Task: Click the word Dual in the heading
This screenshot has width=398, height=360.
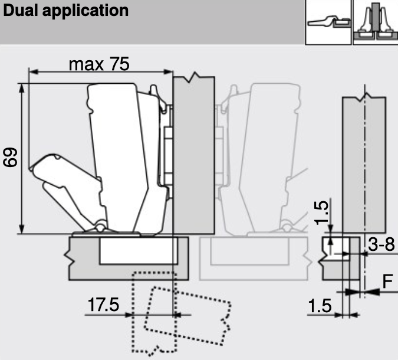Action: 20,11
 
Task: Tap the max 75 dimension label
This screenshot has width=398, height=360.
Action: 99,64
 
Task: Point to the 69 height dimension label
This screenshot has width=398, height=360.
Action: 10,158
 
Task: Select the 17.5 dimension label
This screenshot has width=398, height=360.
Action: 103,305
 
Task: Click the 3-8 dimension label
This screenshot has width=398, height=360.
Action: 381,244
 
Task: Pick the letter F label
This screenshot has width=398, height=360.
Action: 387,282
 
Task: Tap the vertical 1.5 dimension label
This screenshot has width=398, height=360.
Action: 322,212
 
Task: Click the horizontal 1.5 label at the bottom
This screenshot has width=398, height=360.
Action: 320,306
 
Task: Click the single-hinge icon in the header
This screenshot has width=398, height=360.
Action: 328,22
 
